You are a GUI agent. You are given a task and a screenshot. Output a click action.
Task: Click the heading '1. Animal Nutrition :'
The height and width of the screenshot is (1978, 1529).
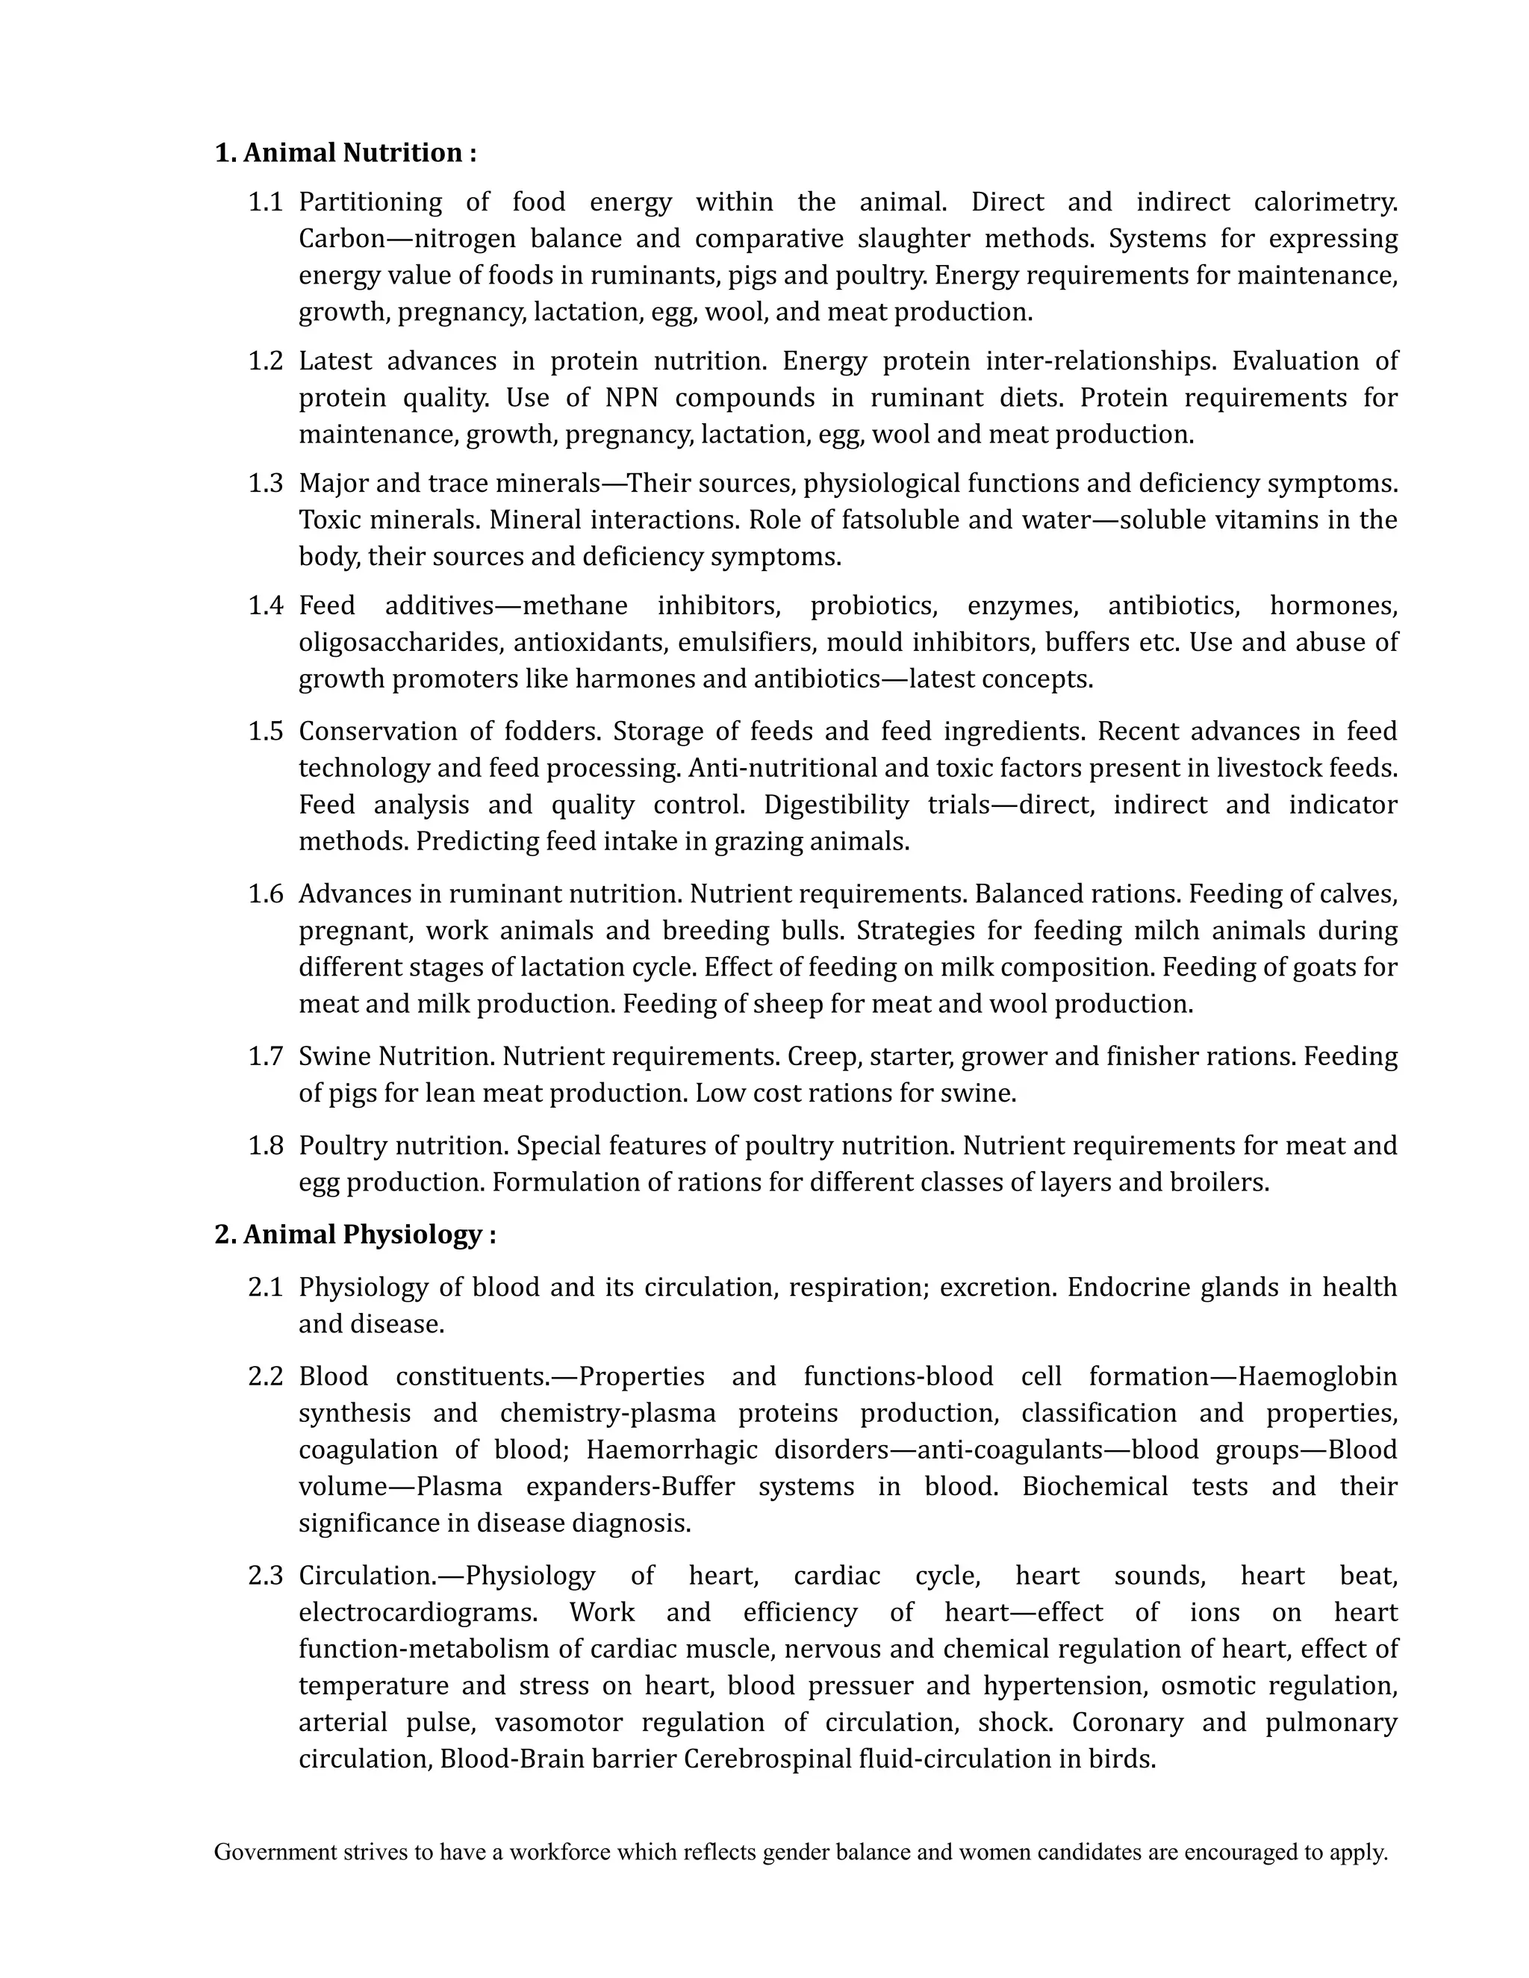tap(345, 153)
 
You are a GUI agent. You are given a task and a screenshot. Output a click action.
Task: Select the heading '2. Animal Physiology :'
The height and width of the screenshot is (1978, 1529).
tap(355, 1235)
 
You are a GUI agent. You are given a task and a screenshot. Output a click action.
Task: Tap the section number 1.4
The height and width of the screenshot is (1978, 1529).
tap(265, 605)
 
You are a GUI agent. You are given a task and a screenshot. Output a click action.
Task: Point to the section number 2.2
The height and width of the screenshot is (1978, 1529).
tap(265, 1376)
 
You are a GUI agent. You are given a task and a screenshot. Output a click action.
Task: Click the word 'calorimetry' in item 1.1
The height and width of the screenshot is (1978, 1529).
tap(1324, 202)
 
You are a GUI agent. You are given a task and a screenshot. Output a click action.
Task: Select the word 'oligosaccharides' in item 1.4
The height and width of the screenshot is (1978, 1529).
tap(399, 642)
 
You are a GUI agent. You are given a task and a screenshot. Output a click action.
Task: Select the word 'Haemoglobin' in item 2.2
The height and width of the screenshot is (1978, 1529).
tap(1317, 1376)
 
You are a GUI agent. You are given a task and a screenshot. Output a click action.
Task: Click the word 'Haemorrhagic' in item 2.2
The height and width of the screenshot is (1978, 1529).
tap(671, 1450)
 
